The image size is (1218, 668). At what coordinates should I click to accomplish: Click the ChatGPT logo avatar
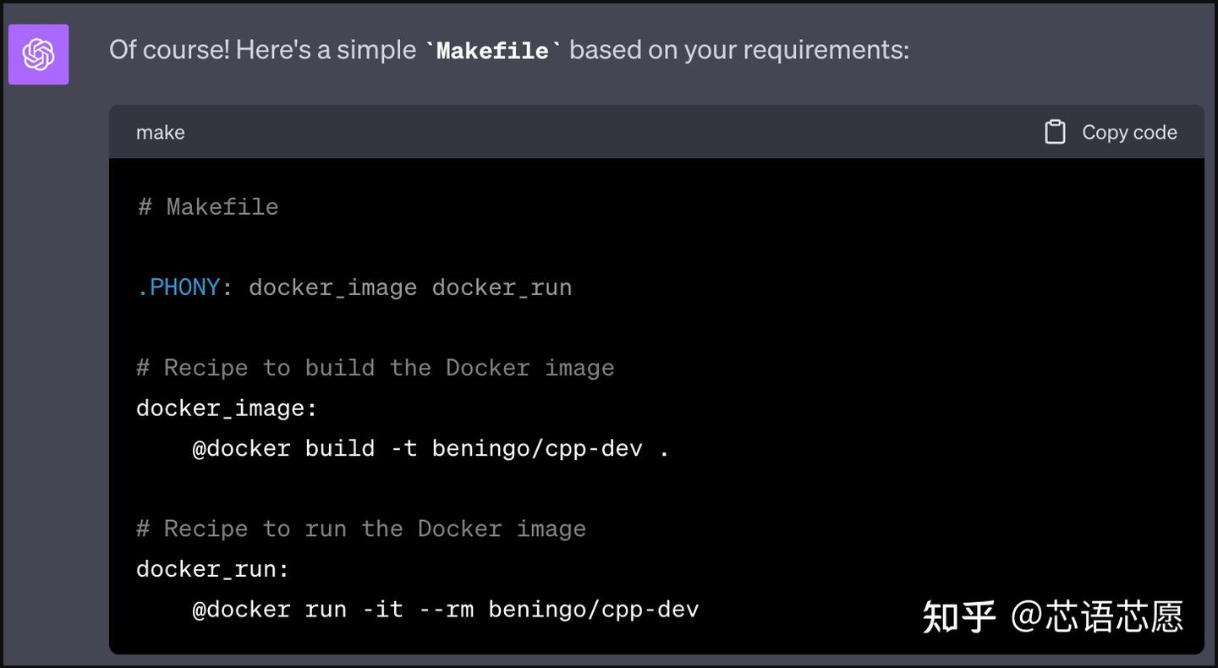click(x=38, y=54)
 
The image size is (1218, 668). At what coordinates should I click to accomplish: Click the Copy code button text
click(x=1129, y=133)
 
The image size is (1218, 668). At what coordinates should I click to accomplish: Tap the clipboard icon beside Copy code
click(x=1055, y=132)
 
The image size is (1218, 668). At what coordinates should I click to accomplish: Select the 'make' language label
click(x=160, y=133)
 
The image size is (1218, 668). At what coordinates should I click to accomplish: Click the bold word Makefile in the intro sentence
click(x=492, y=51)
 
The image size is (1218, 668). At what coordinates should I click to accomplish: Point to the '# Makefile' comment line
click(x=208, y=207)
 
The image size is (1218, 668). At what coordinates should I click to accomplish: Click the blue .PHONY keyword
click(x=178, y=287)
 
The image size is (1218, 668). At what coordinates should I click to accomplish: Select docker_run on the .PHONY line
click(x=502, y=287)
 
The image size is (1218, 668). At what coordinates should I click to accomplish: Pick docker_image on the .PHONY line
click(x=332, y=287)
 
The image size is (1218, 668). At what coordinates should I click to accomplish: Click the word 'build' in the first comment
click(x=339, y=368)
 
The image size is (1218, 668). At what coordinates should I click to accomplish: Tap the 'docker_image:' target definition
click(x=227, y=408)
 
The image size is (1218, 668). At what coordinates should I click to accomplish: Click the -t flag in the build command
click(x=403, y=448)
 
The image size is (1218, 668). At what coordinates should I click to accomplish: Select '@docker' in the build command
click(x=241, y=448)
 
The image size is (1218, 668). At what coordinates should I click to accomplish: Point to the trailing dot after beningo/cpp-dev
click(x=664, y=450)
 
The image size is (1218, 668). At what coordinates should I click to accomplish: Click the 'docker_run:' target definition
click(x=212, y=569)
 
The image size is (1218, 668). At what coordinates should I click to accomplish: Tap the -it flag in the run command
click(x=382, y=609)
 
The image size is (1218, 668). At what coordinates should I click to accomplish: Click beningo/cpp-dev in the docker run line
click(x=594, y=609)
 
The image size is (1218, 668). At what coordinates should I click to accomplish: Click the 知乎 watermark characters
click(x=958, y=616)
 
